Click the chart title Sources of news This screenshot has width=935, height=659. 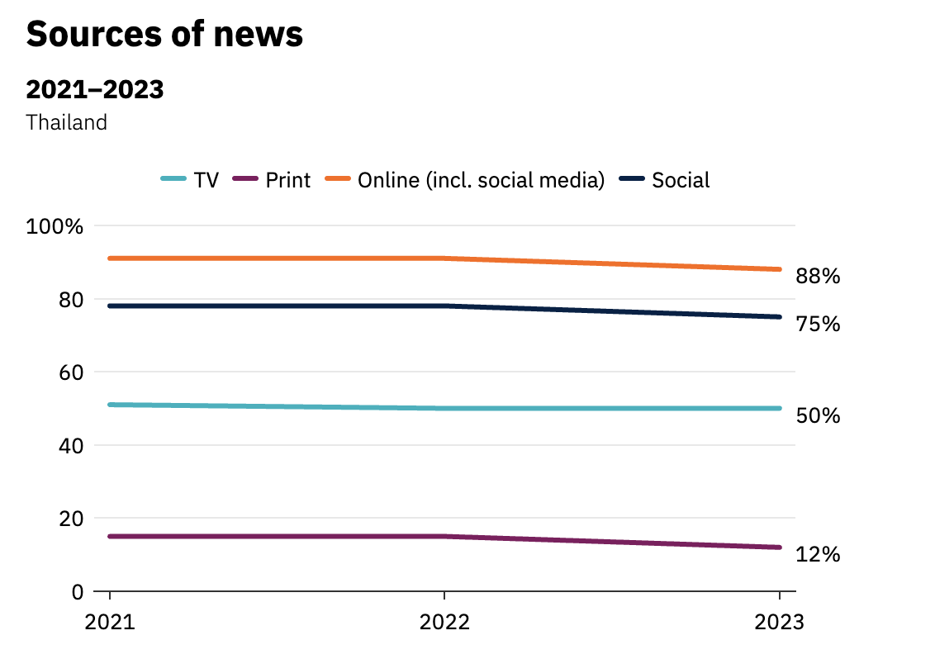point(164,35)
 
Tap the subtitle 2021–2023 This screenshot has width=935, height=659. point(95,89)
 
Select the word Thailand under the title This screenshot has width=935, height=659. point(67,122)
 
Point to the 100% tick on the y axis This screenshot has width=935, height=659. point(55,226)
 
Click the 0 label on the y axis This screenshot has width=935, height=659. point(77,591)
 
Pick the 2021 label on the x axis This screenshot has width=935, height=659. point(110,622)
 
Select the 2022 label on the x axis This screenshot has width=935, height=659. point(444,622)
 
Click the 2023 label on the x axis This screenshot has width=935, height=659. point(779,622)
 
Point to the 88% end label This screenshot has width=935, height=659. point(818,277)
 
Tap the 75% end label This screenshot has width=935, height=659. point(818,325)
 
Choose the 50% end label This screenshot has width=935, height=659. point(818,415)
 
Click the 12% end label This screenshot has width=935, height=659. point(818,555)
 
